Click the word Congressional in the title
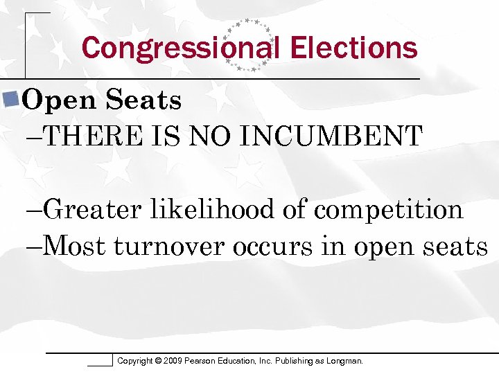coord(180,48)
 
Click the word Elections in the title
coord(354,48)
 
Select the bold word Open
coord(59,101)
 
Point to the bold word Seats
coord(144,101)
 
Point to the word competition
coord(388,208)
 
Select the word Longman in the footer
coord(343,361)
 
